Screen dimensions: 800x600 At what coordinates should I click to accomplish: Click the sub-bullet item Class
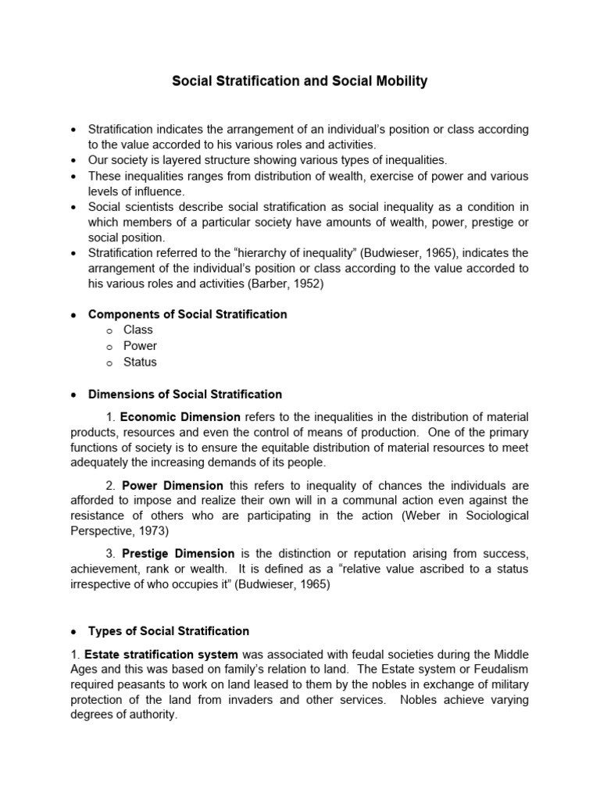pos(138,330)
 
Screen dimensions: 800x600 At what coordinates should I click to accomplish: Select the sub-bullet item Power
pos(140,345)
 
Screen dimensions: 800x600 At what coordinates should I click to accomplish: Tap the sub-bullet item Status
pos(140,362)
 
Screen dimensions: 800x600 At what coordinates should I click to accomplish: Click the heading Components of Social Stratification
pos(187,314)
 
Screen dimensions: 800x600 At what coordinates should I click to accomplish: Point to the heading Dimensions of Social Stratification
pos(185,395)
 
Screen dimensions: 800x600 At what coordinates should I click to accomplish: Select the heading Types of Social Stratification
pos(169,630)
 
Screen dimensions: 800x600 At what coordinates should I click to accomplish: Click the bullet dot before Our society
pos(73,159)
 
